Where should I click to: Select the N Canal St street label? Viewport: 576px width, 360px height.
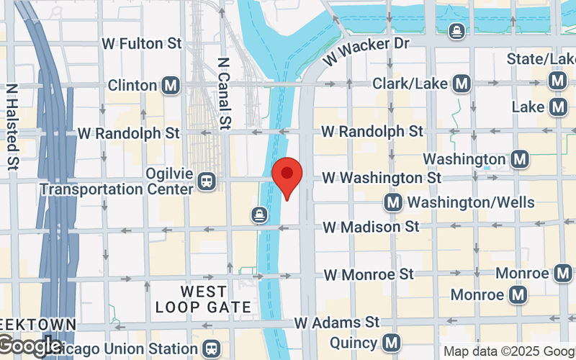pos(224,94)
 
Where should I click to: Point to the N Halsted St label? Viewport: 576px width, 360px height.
pos(12,127)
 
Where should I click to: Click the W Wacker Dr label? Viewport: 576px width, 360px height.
pos(365,51)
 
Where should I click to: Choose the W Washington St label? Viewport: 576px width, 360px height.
pos(382,177)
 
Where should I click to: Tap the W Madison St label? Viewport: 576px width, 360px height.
pos(371,227)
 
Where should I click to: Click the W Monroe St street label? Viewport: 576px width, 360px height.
pos(369,274)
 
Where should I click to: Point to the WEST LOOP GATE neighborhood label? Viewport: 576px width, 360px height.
pos(204,300)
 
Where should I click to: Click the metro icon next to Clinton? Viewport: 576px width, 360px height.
pos(171,86)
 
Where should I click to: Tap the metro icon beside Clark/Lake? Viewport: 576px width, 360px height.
pos(462,85)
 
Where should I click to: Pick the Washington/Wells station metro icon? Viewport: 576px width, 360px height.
pos(393,202)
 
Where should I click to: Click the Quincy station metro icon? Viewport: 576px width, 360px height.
pos(391,342)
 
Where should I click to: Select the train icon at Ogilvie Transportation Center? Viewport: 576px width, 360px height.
pos(207,181)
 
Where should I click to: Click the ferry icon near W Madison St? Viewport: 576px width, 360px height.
pos(258,214)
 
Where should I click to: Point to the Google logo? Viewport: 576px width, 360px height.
pos(30,346)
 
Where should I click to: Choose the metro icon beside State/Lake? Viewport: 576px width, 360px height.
pos(557,81)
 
